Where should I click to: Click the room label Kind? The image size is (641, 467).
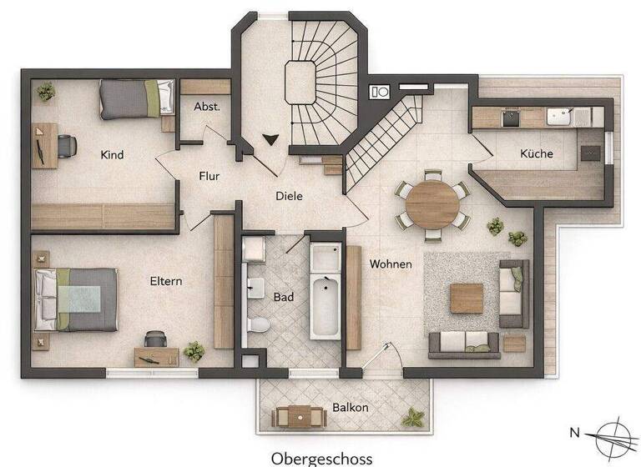(112, 154)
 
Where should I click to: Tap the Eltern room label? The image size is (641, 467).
(166, 281)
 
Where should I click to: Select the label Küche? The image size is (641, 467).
(536, 153)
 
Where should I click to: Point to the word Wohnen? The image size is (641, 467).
(391, 264)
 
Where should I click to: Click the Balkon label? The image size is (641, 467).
(351, 408)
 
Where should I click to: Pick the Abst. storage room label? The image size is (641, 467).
(206, 107)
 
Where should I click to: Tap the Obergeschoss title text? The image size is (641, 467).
(321, 458)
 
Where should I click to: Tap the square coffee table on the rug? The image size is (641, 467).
(466, 298)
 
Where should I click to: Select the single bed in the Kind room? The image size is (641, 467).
(136, 98)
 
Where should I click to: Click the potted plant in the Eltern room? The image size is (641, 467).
(194, 350)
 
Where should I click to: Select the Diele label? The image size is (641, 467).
(289, 196)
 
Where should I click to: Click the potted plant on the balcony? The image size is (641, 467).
(411, 416)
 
